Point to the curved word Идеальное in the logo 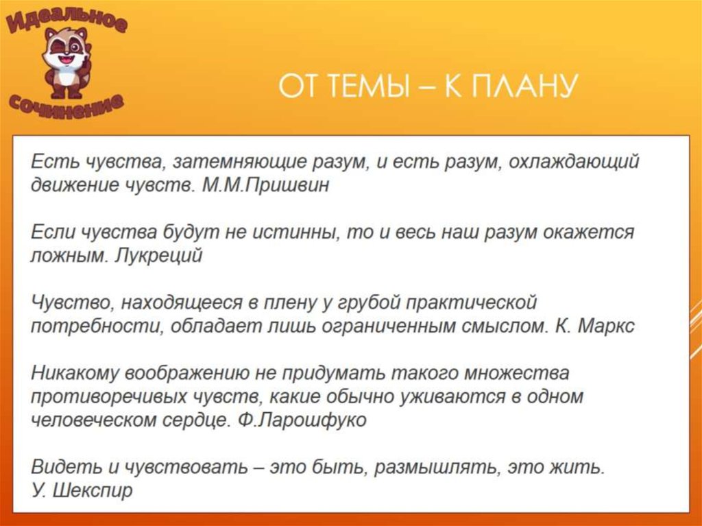tap(67, 21)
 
